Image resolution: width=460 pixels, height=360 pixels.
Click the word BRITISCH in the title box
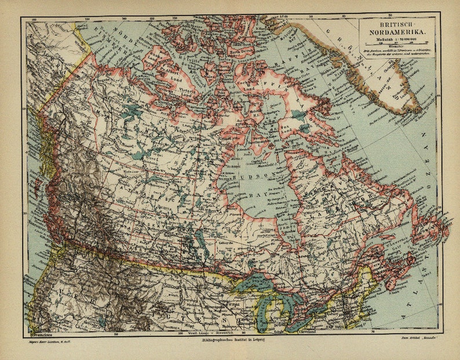pos(395,25)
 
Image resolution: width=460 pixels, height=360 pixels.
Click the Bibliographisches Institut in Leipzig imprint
pos(230,340)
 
